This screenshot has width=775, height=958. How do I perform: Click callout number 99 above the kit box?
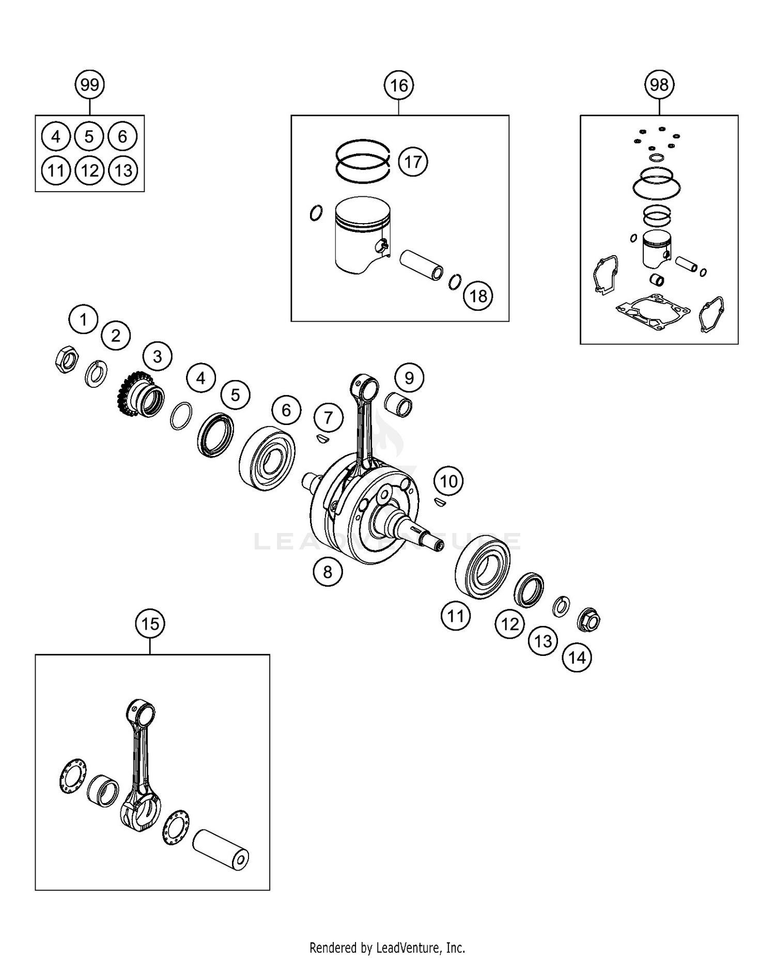[90, 84]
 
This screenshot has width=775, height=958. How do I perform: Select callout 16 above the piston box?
[399, 85]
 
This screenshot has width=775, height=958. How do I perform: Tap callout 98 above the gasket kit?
[659, 84]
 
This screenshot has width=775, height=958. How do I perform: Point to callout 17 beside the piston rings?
[413, 162]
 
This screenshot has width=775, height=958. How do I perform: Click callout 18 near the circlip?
[478, 296]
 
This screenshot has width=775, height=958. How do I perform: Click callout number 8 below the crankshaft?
[328, 571]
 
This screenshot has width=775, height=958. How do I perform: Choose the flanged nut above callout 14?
[588, 620]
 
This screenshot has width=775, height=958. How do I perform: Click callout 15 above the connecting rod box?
[150, 623]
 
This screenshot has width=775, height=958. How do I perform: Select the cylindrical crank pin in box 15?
[221, 850]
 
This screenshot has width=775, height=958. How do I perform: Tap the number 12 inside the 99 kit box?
[89, 170]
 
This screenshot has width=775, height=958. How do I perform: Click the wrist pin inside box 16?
[422, 264]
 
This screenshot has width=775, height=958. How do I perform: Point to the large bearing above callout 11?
[482, 568]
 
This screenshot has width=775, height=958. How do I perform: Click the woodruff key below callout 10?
[440, 501]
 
